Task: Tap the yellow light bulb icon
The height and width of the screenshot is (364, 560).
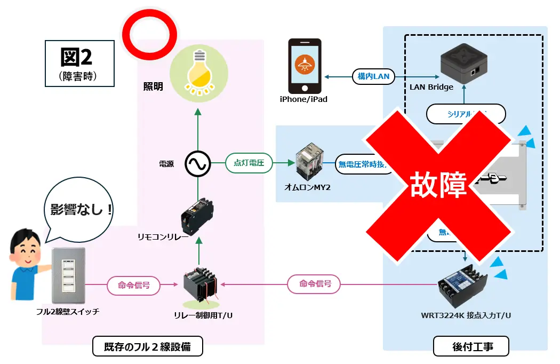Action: click(x=198, y=70)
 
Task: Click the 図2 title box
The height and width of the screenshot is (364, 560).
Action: click(x=79, y=63)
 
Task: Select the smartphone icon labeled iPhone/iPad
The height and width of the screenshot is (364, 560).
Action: click(x=305, y=66)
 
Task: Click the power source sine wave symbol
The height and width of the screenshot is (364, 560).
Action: click(x=198, y=164)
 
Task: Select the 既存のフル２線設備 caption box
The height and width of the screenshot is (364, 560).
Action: click(x=148, y=347)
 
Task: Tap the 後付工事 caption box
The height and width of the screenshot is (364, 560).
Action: click(x=471, y=346)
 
